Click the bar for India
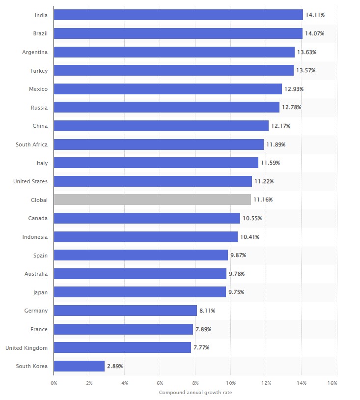click(x=178, y=15)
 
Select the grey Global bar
click(x=152, y=200)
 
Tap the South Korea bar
click(x=79, y=366)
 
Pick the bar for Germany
click(x=125, y=311)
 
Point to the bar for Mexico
click(x=167, y=89)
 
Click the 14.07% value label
click(x=314, y=33)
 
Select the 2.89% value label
click(x=115, y=366)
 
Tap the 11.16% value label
click(x=263, y=200)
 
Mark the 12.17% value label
click(x=280, y=126)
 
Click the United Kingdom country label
click(x=27, y=348)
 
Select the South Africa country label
click(x=32, y=144)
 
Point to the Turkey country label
click(x=39, y=71)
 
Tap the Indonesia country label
click(x=35, y=237)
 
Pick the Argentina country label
click(x=35, y=52)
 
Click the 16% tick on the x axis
click(x=332, y=383)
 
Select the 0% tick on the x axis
click(x=54, y=383)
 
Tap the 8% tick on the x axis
click(x=195, y=383)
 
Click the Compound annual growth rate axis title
click(x=195, y=393)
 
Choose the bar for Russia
click(x=166, y=107)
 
